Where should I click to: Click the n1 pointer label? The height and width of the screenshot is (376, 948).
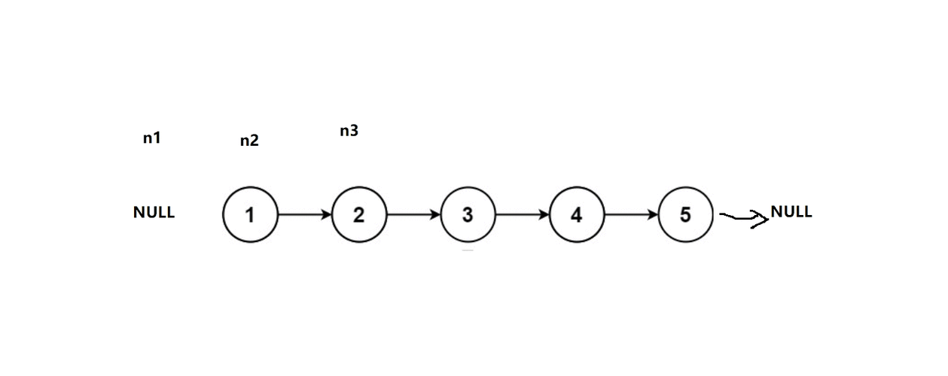coord(152,138)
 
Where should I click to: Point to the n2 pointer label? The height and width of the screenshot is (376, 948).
coord(249,141)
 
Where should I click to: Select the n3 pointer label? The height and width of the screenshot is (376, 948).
coord(349,131)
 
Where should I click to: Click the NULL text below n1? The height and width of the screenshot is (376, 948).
coord(154,212)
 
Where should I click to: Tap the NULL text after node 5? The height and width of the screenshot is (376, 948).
coord(791,211)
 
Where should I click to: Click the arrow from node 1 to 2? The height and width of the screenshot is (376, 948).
coord(305,214)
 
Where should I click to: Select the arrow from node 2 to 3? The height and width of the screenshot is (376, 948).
coord(413,214)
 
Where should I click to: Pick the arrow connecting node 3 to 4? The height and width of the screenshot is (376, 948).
coord(523,214)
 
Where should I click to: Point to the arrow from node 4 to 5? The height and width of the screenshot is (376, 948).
coord(631,214)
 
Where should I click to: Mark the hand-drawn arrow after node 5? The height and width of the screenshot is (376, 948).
coord(744,218)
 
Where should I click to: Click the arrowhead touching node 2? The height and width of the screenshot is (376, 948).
coord(326,214)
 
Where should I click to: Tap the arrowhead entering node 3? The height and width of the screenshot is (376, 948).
coord(435,214)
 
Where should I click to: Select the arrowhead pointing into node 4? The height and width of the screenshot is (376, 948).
coord(544,214)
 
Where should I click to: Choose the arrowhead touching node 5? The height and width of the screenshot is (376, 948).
coord(653,214)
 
